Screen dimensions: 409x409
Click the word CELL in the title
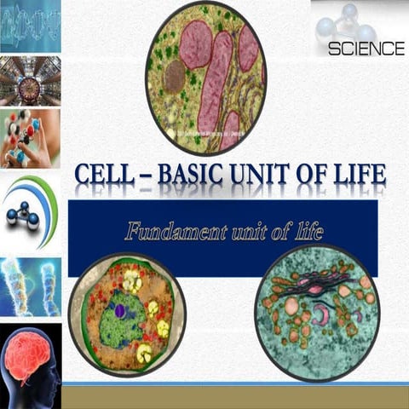pyautogui.click(x=104, y=176)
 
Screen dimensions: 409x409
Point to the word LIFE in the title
pyautogui.click(x=359, y=176)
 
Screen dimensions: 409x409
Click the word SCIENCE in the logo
pyautogui.click(x=366, y=49)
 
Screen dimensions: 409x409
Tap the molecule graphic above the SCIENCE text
pyautogui.click(x=345, y=20)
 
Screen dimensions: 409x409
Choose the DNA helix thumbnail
pyautogui.click(x=30, y=26)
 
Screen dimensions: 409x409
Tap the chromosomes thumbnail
pyautogui.click(x=30, y=285)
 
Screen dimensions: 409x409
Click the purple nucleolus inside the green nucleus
pyautogui.click(x=120, y=312)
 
